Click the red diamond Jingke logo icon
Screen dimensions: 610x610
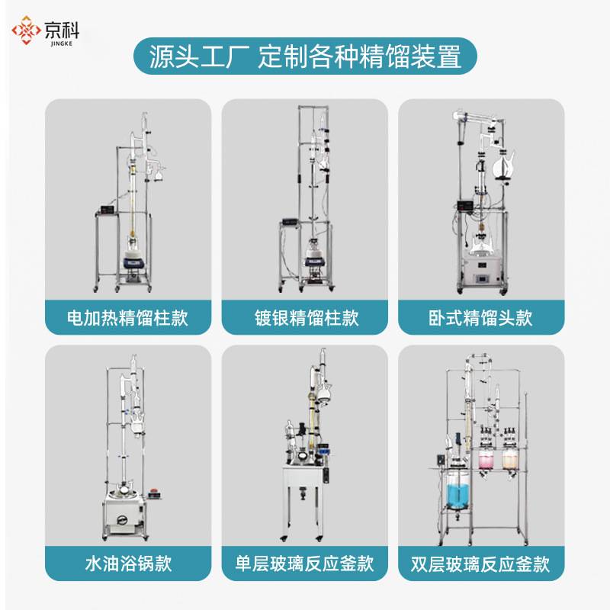26,30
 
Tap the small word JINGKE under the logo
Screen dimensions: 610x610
62,43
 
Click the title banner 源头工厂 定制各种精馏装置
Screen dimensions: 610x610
305,56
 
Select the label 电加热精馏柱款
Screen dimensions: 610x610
127,318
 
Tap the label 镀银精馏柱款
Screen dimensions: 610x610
307,318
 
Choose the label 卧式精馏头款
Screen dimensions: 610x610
480,318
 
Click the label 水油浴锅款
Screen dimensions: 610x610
128,563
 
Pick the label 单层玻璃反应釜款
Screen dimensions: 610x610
304,563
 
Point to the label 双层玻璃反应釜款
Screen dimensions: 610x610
480,563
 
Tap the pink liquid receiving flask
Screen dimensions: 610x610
485,461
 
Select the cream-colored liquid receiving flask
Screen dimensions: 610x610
509,461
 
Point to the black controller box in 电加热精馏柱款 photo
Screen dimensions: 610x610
107,209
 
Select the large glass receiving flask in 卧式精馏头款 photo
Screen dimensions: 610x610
503,165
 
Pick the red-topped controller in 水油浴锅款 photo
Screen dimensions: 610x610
155,494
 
